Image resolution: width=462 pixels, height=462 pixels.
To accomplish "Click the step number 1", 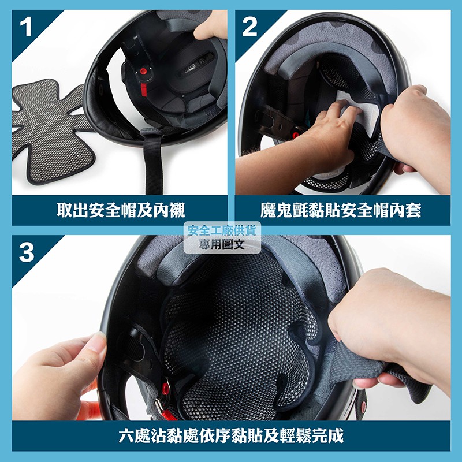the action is pos(26,27).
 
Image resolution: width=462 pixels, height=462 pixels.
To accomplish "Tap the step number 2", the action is pos(249,27).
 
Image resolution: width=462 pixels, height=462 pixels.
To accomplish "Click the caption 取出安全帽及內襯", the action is pos(121,210).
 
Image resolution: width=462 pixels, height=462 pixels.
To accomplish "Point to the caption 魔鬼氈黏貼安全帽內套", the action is pos(341,210).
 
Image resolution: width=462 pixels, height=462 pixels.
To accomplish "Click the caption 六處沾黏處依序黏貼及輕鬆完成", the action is pos(231,435).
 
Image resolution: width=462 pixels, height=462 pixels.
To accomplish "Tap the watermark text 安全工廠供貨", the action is pos(222,230).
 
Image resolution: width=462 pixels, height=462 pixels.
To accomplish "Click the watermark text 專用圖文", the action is pos(222,244).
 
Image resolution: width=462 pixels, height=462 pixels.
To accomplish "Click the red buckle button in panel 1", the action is pos(143,71).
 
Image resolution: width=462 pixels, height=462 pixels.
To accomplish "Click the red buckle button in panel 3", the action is pos(165,389).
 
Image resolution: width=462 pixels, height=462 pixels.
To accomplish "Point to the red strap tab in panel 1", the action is pos(143,90).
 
